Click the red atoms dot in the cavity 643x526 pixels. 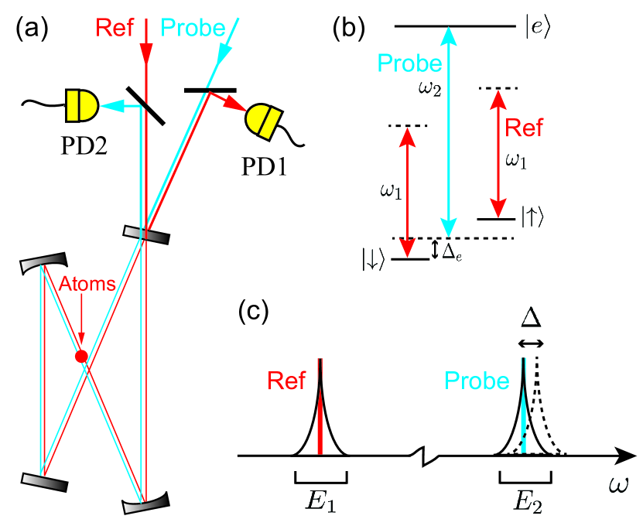(x=80, y=357)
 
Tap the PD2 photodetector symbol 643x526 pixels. (x=82, y=104)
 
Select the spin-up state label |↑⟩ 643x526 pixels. (x=537, y=219)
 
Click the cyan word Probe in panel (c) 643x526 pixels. (x=476, y=381)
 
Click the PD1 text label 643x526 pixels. (x=261, y=166)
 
